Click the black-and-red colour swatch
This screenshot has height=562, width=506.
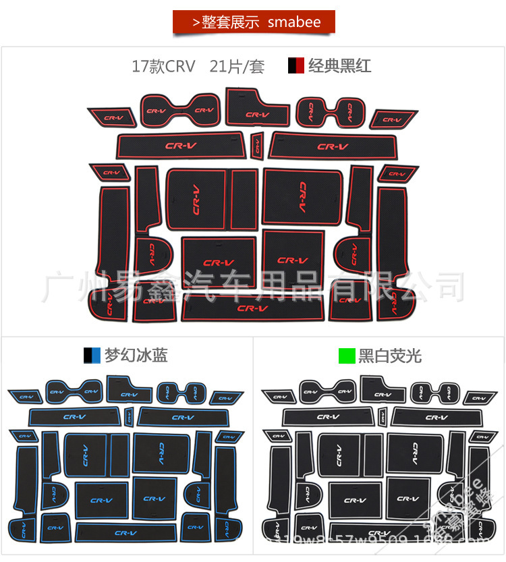(296, 66)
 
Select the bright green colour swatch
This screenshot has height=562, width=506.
(347, 356)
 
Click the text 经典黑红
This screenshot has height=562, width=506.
(339, 66)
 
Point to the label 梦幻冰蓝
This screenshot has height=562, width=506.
(136, 356)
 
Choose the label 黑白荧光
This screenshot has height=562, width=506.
(390, 356)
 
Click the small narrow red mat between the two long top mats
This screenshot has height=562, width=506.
(256, 144)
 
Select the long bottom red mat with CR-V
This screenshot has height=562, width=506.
(252, 309)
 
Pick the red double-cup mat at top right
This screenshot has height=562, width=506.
(330, 111)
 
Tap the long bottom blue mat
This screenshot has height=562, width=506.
(125, 532)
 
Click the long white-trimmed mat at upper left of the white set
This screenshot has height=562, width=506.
(329, 417)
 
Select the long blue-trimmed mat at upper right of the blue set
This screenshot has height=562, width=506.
(182, 417)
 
